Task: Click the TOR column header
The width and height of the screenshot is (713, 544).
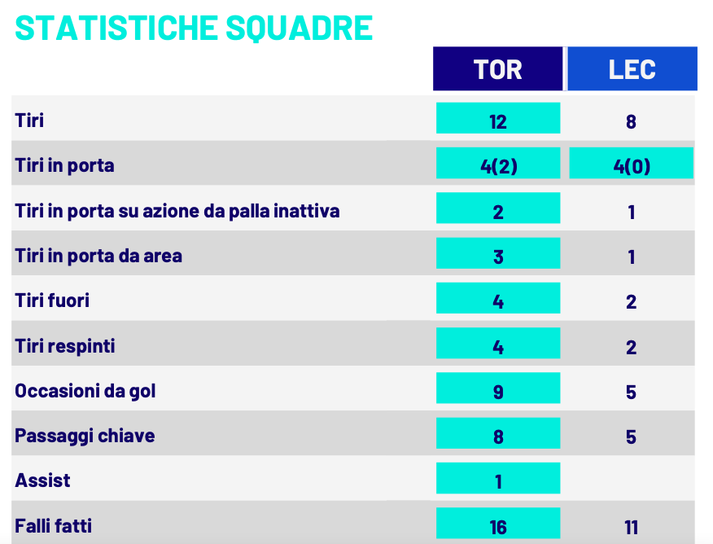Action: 497,69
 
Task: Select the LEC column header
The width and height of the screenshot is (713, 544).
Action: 632,69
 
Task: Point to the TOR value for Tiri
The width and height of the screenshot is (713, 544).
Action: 498,121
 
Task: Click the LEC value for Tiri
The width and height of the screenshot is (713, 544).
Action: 632,122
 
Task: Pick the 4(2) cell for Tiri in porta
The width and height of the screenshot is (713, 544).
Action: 498,166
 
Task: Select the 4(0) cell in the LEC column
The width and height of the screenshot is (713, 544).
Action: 632,166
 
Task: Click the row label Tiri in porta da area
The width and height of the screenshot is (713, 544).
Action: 98,256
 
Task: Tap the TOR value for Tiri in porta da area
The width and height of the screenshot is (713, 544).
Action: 498,257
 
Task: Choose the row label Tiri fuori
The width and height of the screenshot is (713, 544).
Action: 52,301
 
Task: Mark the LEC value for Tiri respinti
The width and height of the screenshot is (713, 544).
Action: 632,348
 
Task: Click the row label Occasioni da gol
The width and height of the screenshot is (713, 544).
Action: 85,391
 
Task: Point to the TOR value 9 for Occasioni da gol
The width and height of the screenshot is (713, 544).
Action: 498,392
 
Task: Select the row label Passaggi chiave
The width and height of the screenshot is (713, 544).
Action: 85,436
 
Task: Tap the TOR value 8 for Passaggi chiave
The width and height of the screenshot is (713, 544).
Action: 498,437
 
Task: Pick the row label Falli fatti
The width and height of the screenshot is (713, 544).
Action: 54,526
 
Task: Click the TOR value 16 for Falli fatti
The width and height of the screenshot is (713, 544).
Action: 498,527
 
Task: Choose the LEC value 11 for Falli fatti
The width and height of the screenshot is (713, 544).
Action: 632,527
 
